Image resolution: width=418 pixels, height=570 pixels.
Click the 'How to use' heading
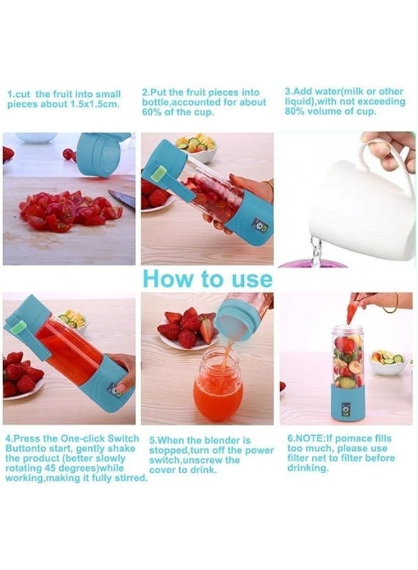tap(208, 279)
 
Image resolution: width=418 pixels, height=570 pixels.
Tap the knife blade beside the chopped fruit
tap(122, 198)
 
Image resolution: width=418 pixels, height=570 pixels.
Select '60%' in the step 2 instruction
tap(151, 112)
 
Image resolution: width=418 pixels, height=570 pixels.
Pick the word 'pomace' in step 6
tap(355, 438)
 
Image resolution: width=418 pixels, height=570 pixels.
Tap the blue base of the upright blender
tap(347, 404)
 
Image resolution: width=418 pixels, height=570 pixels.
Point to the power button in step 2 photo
tap(260, 225)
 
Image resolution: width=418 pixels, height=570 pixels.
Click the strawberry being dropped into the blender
tap(352, 312)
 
